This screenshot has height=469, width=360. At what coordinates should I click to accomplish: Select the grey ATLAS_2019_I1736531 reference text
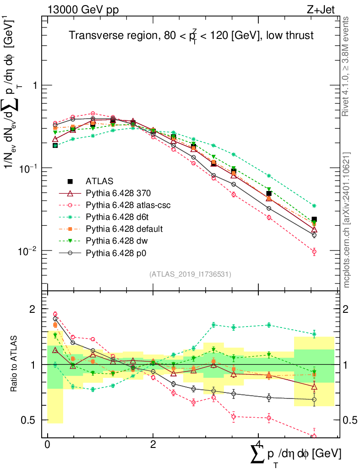pyautogui.click(x=190, y=274)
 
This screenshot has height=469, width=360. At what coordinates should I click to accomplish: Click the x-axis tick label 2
pyautogui.click(x=153, y=445)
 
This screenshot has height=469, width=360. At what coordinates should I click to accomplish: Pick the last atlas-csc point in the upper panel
pyautogui.click(x=314, y=251)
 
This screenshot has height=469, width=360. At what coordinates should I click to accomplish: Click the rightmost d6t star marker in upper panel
pyautogui.click(x=314, y=206)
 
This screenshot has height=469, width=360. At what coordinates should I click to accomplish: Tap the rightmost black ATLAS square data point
pyautogui.click(x=314, y=220)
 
